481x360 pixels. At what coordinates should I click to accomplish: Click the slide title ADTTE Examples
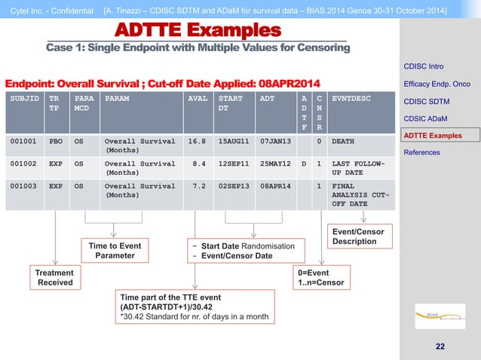pos(198,31)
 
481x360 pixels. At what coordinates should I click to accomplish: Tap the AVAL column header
pos(196,98)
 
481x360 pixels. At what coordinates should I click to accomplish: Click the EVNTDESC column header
pos(351,98)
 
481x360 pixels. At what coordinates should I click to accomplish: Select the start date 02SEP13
pos(233,185)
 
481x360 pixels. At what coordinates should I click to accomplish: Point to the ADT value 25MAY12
pos(274,163)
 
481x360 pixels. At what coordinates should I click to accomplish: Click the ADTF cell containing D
pos(303,163)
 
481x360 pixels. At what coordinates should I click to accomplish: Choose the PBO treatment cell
pos(56,141)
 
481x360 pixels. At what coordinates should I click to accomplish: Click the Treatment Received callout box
pos(55,277)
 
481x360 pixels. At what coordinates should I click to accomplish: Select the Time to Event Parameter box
pos(115,250)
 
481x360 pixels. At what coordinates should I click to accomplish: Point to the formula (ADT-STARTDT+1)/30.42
pos(164,307)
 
